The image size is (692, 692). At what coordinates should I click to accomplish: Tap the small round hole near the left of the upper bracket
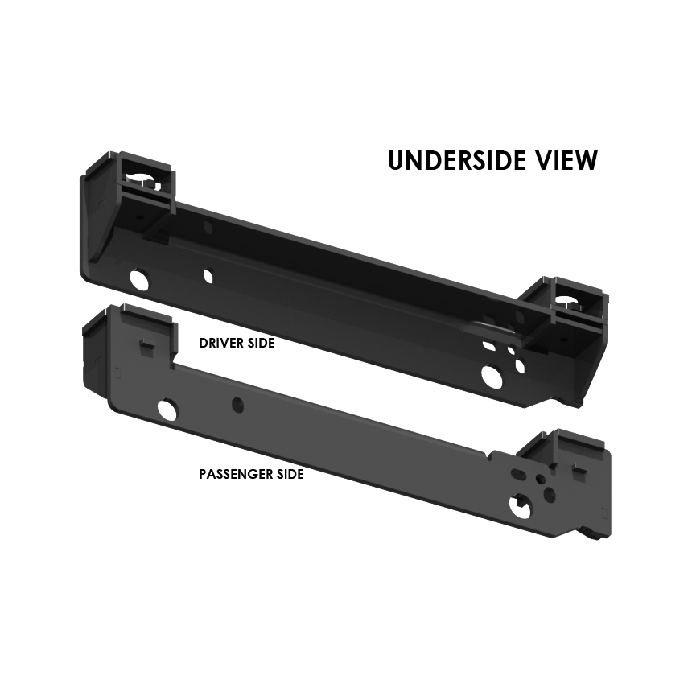click(x=208, y=276)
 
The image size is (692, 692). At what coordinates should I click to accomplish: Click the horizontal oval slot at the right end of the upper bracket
click(x=488, y=346)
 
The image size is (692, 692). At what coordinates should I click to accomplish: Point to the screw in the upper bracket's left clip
click(x=149, y=182)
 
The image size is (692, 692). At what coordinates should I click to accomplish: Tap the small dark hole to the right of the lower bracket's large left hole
click(x=237, y=405)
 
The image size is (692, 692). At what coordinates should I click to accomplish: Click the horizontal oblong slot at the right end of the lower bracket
click(x=518, y=474)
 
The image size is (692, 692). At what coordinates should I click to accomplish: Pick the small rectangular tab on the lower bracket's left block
click(x=147, y=346)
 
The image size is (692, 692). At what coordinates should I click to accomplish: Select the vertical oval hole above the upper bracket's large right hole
click(x=520, y=366)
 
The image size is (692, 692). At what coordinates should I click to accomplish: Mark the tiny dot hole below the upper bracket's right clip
click(x=563, y=340)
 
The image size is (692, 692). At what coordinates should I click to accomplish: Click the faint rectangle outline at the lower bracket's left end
click(x=117, y=373)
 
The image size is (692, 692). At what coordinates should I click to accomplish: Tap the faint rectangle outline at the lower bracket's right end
click(x=604, y=513)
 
